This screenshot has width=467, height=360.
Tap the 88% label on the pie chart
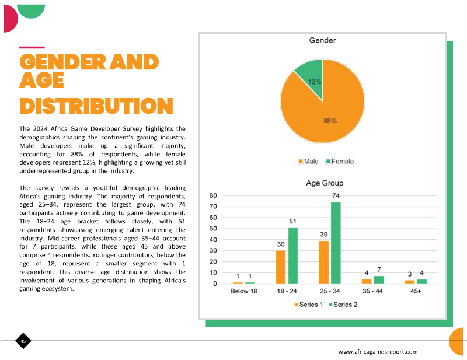(330, 121)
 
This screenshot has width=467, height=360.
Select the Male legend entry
(309, 162)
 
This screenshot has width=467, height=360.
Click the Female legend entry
(340, 162)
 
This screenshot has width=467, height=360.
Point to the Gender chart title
(322, 40)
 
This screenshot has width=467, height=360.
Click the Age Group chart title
(325, 183)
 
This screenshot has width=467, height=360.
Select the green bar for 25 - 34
(336, 243)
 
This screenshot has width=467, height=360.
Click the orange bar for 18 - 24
(281, 267)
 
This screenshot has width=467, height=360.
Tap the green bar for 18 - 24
(293, 256)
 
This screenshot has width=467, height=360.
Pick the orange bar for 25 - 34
(324, 262)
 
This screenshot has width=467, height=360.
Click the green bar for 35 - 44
(379, 279)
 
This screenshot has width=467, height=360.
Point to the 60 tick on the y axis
(213, 218)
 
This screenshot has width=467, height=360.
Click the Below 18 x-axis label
(244, 291)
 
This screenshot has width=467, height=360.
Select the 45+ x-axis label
(416, 291)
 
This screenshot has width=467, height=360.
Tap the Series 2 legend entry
(343, 305)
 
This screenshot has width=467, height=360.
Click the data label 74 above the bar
(336, 195)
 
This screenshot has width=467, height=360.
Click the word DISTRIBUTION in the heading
(96, 106)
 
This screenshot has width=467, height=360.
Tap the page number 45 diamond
(23, 341)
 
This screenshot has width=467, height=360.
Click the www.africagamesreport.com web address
(378, 352)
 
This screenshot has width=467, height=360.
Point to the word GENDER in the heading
(63, 62)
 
